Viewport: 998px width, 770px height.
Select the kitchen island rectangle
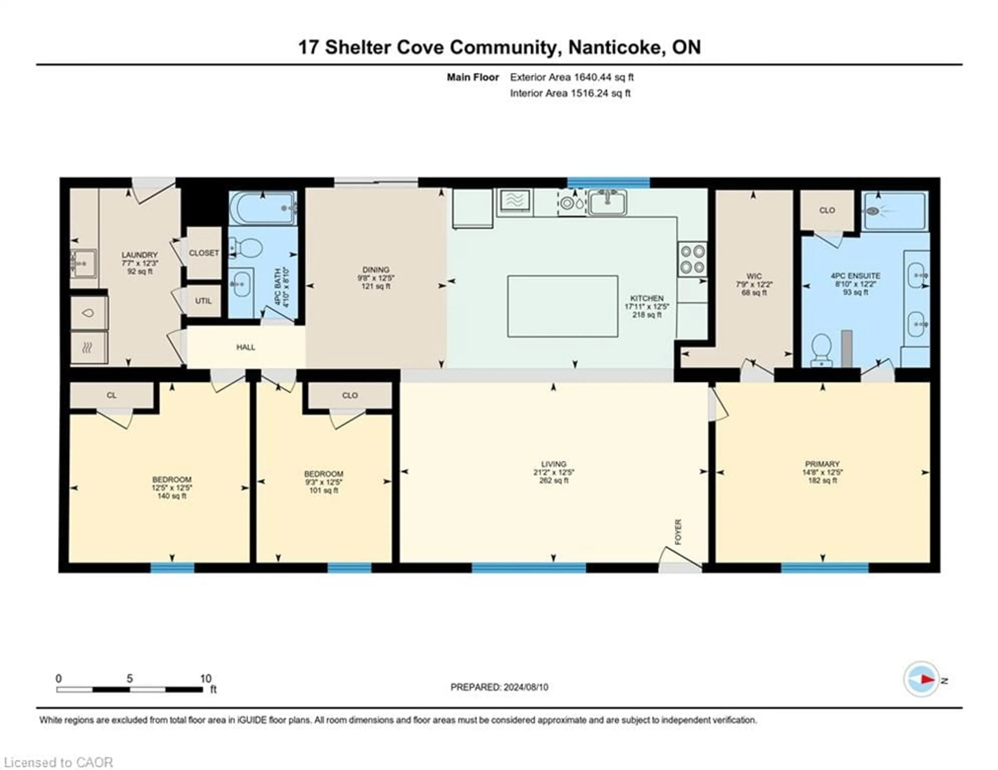[562, 306]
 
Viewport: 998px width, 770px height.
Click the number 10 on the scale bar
[206, 679]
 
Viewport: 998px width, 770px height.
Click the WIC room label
[754, 276]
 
